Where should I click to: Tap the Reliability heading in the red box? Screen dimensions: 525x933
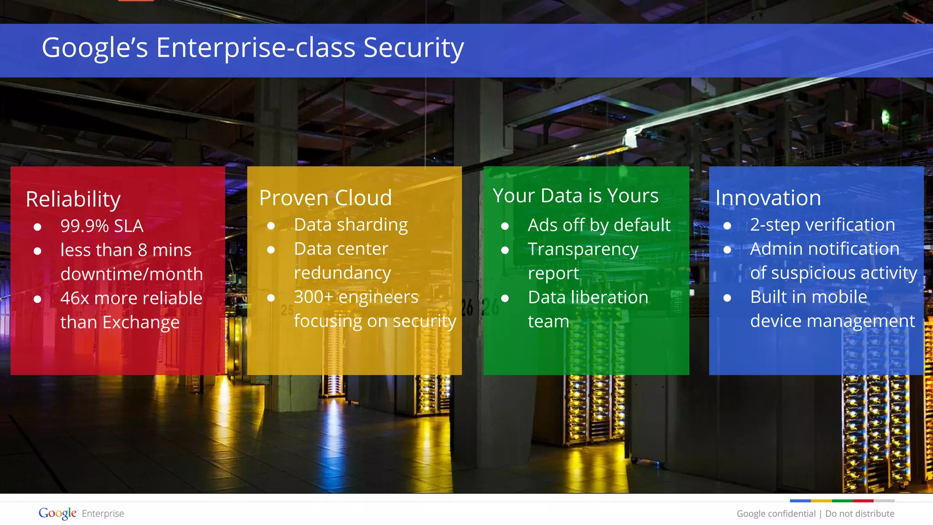point(73,199)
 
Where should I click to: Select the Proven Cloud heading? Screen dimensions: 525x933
point(325,198)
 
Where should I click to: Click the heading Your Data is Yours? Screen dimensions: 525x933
point(575,196)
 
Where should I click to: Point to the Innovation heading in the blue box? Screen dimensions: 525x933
point(768,198)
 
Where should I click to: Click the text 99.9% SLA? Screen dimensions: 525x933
point(102,226)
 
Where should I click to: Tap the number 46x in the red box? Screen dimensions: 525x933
point(75,298)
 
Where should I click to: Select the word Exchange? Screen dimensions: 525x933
point(141,322)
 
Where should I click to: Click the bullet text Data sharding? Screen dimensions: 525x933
point(351,225)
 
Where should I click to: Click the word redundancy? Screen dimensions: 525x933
point(342,273)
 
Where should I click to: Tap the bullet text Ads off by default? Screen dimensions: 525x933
point(599,225)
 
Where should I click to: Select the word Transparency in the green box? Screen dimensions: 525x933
point(583,250)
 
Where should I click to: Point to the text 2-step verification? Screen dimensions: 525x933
point(822,225)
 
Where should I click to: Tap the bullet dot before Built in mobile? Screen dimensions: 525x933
point(727,298)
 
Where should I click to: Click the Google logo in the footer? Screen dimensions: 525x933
point(57,513)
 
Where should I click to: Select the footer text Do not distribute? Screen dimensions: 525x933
point(860,514)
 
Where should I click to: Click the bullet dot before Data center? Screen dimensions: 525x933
point(271,250)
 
